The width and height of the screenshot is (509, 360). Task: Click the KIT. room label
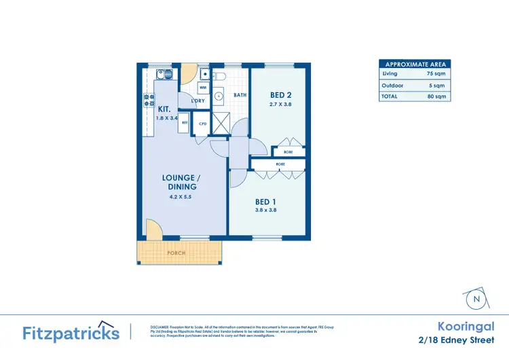(164, 109)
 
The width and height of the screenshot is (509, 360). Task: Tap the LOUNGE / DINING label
(179, 182)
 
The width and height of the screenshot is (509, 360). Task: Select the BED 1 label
(265, 201)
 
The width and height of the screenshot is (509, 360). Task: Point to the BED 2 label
(280, 94)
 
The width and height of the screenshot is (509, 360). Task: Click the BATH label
(240, 96)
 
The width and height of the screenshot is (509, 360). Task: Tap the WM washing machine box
(203, 88)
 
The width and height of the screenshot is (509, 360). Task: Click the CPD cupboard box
(202, 124)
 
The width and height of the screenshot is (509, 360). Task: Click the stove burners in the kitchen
(148, 100)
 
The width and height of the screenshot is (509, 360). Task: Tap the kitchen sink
(162, 73)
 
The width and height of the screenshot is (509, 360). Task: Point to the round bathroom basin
(219, 96)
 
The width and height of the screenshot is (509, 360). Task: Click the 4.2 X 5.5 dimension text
(179, 197)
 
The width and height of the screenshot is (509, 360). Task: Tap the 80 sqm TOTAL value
(435, 96)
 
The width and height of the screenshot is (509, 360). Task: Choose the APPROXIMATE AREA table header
(414, 65)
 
